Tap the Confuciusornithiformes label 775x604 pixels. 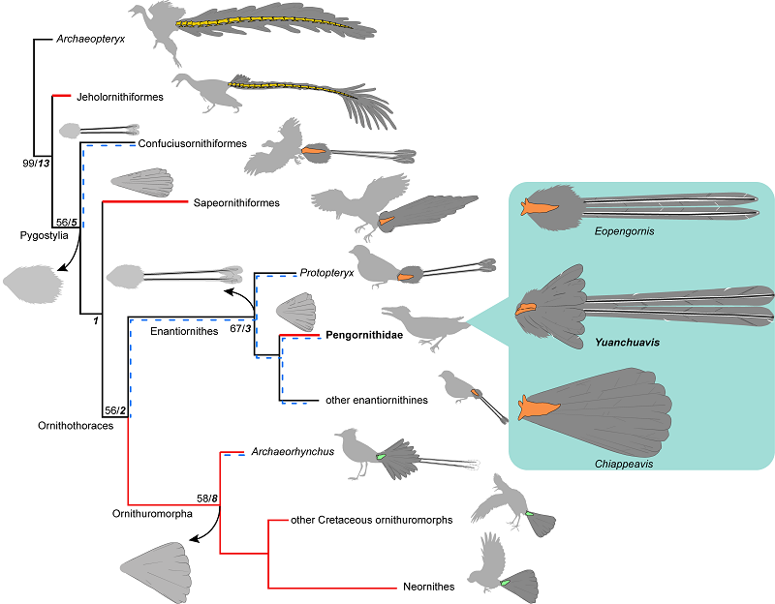tap(194, 144)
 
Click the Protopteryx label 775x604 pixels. tap(326, 274)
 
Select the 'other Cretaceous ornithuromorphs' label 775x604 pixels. tap(372, 520)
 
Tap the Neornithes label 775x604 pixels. tap(431, 587)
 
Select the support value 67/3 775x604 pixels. tap(240, 329)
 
